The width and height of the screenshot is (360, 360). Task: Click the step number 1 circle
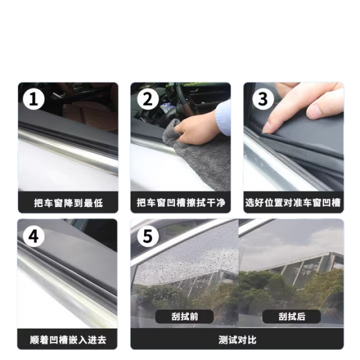pyautogui.click(x=33, y=99)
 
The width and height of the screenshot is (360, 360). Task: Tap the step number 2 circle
pyautogui.click(x=148, y=99)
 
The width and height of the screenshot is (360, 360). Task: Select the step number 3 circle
pyautogui.click(x=263, y=99)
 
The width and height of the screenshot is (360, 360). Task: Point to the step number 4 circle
pyautogui.click(x=33, y=236)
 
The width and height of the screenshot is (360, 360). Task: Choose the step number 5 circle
pyautogui.click(x=148, y=236)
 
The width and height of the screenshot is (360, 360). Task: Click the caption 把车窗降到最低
pyautogui.click(x=68, y=203)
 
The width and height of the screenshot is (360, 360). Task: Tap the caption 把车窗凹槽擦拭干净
pyautogui.click(x=181, y=203)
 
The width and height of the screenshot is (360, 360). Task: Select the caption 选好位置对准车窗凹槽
pyautogui.click(x=293, y=203)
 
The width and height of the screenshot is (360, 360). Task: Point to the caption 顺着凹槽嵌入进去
pyautogui.click(x=68, y=340)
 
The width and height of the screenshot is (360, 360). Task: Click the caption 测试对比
pyautogui.click(x=237, y=340)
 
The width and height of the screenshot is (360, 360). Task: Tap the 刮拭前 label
pyautogui.click(x=184, y=317)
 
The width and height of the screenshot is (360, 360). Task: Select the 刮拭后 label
pyautogui.click(x=292, y=317)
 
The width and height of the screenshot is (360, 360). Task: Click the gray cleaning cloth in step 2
pyautogui.click(x=198, y=158)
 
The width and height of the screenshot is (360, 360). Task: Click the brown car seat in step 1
pyautogui.click(x=90, y=115)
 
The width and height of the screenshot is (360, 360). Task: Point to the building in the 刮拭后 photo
pyautogui.click(x=298, y=269)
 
